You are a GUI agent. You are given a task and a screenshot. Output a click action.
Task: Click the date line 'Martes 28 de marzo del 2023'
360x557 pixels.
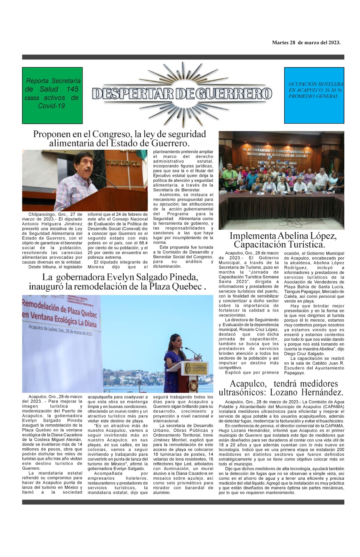306,43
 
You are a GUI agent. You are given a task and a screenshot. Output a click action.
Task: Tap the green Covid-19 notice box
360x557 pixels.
52,95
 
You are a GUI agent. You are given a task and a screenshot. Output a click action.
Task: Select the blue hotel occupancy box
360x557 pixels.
314,95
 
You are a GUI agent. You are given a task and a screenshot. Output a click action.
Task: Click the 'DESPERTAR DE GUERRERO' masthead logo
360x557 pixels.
182,93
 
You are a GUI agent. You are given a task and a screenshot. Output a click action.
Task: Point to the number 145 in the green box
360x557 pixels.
72,89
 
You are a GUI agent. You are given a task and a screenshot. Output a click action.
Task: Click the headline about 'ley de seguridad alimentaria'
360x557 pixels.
119,139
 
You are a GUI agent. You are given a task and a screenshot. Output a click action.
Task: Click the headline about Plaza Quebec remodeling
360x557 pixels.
118,282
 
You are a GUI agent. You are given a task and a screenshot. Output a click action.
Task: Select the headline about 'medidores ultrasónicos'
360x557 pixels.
281,388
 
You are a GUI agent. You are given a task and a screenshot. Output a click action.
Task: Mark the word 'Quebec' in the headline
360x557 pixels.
187,287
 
